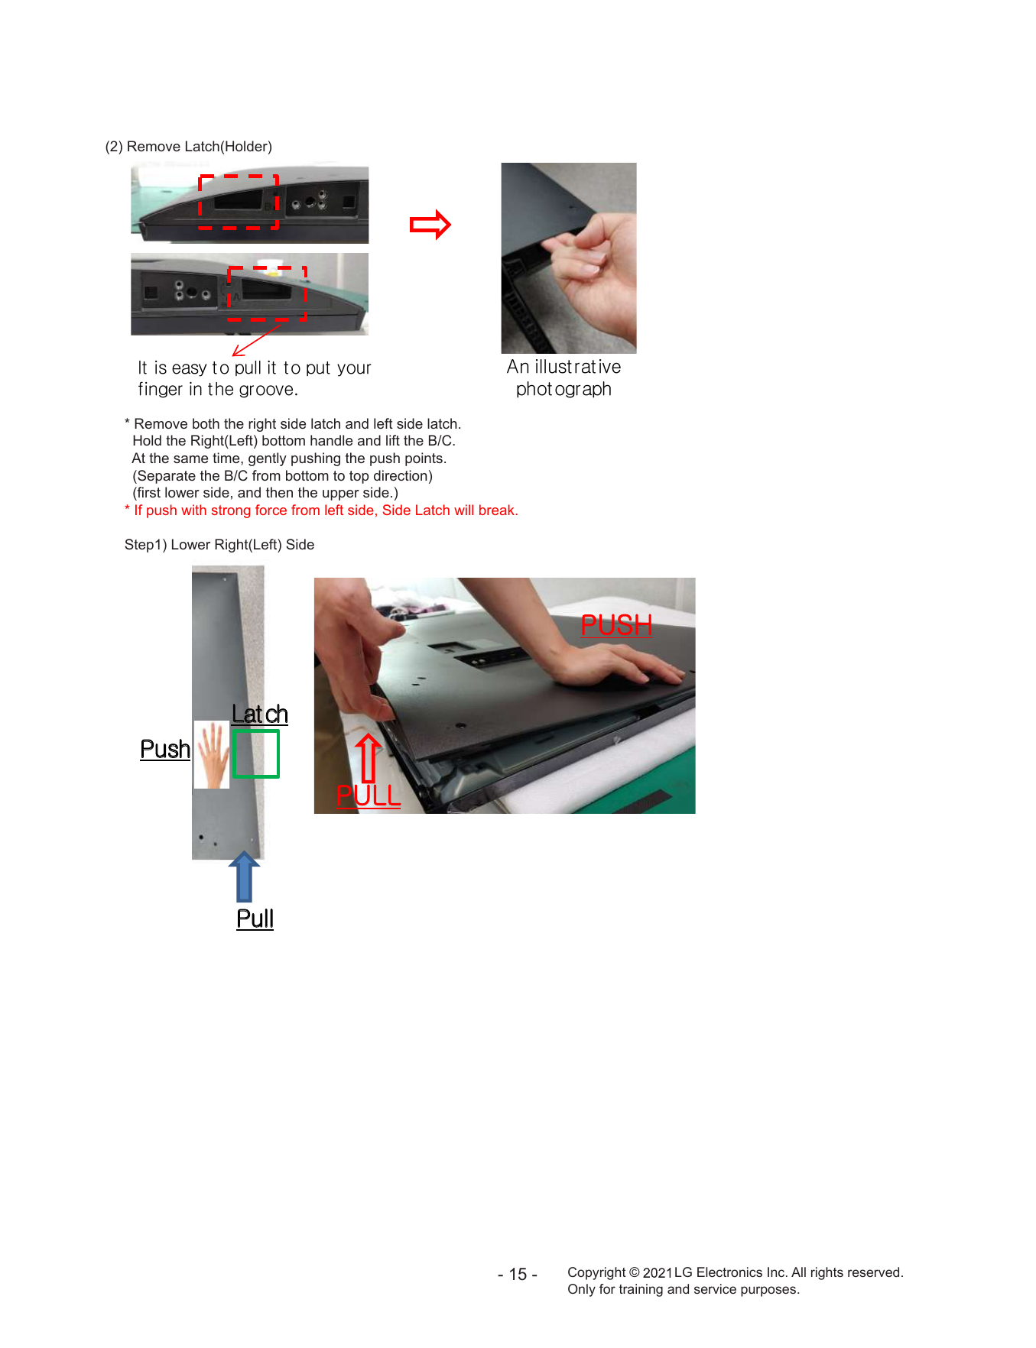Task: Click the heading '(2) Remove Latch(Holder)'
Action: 189,147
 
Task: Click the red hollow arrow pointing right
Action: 430,225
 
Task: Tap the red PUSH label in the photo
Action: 616,625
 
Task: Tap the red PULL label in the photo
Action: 369,796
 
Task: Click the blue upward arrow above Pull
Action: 245,877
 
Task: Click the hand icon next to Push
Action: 212,755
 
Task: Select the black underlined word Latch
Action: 260,715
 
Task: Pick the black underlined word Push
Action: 165,750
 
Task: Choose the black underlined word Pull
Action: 255,919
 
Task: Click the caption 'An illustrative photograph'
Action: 564,378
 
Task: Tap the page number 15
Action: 518,1275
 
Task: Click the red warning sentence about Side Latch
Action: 321,510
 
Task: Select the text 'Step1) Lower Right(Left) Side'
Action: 219,545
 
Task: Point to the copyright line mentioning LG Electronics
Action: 736,1272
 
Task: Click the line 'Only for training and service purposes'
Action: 684,1290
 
